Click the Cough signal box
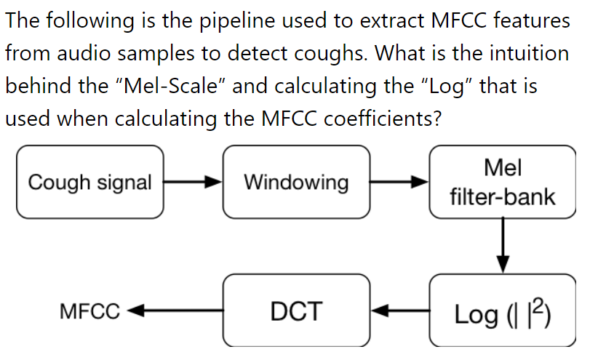click(x=89, y=182)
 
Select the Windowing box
click(x=296, y=182)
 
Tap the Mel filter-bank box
click(x=503, y=182)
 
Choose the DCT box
click(x=296, y=311)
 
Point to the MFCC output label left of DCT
click(x=89, y=312)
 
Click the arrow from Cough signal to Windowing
click(x=193, y=182)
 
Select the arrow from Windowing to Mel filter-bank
click(x=399, y=182)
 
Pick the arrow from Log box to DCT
click(x=399, y=311)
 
